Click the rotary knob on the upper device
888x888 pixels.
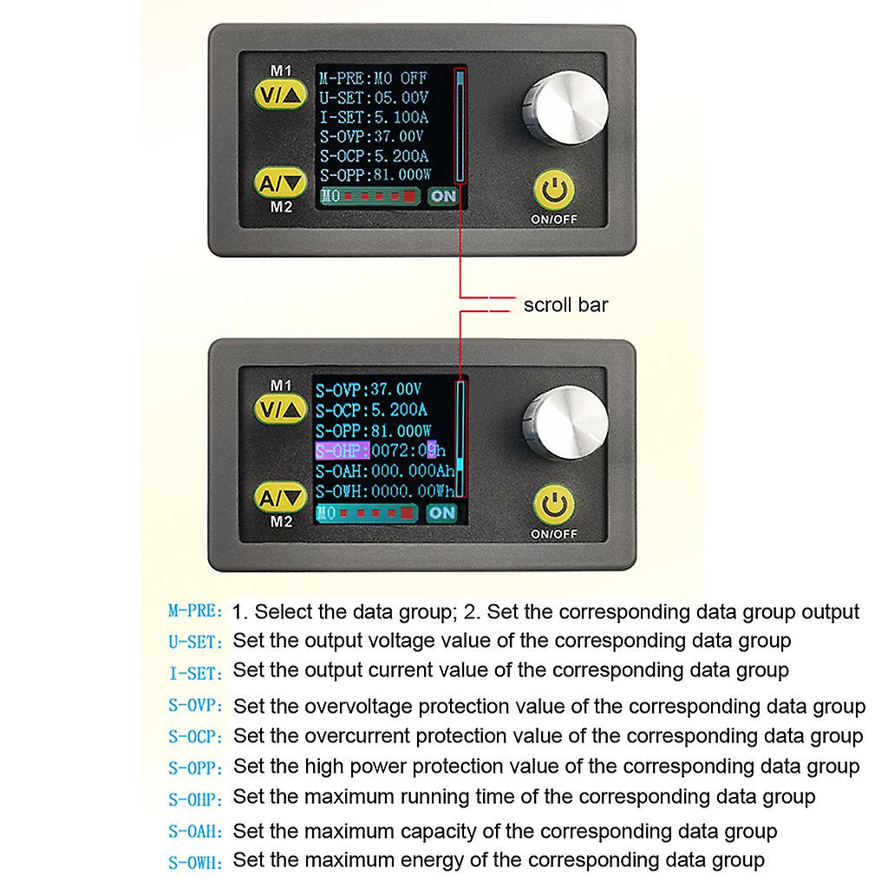[x=565, y=108]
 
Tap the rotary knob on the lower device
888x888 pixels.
[x=565, y=423]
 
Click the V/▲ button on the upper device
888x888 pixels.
[x=280, y=95]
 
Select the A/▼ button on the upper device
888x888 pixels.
[x=280, y=182]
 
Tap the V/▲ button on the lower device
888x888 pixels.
[x=280, y=409]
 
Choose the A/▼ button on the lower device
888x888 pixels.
[x=280, y=497]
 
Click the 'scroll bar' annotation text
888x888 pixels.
[x=565, y=304]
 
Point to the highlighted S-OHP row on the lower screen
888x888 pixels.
[x=381, y=451]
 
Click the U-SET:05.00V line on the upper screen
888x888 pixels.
[x=373, y=98]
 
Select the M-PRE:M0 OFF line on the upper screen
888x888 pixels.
[x=373, y=78]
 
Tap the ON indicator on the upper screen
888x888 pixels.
[x=443, y=196]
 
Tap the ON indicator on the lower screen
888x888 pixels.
[x=441, y=513]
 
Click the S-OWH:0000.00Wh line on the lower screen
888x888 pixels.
[x=385, y=491]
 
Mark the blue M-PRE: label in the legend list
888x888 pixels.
[x=195, y=611]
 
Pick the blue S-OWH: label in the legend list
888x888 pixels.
[x=195, y=863]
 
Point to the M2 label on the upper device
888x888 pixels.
[x=282, y=207]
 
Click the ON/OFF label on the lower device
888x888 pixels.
[x=554, y=534]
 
